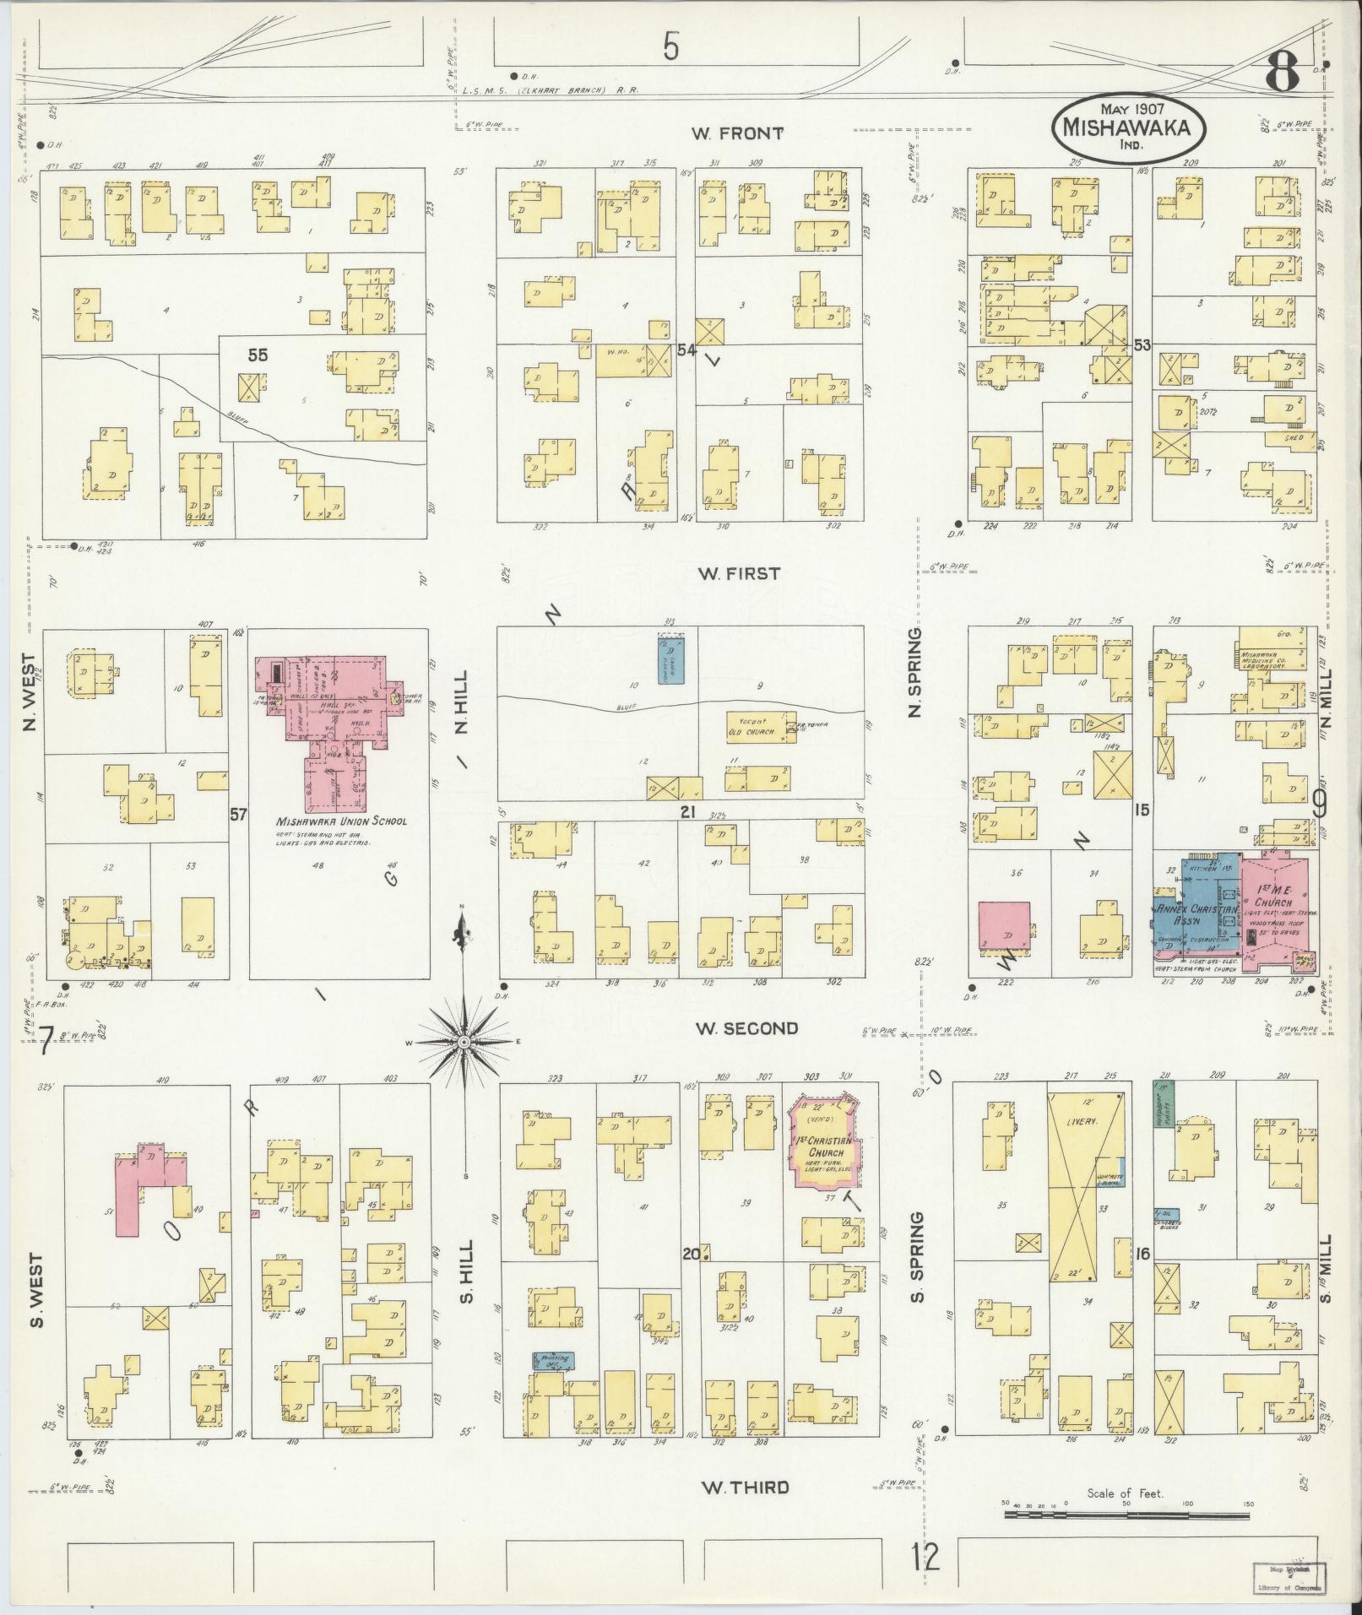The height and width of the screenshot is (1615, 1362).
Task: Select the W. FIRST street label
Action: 739,574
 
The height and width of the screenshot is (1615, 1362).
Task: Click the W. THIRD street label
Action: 746,1487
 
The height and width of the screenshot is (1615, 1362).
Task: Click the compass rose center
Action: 463,1043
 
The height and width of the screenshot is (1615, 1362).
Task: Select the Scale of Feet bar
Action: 1126,1515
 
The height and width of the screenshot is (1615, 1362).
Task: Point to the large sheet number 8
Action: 1281,76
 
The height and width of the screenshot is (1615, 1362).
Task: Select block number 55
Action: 257,356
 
